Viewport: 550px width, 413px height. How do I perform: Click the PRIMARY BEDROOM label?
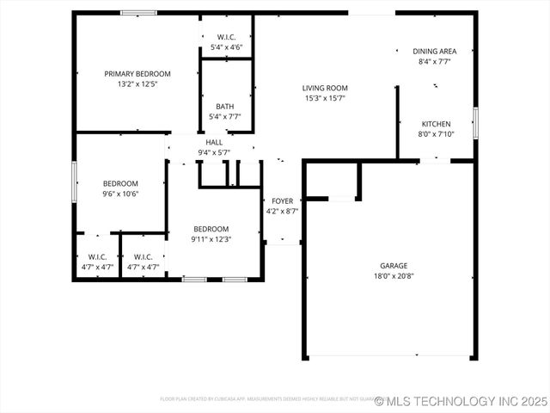pos(137,74)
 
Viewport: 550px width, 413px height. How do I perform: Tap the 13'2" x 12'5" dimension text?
pos(137,84)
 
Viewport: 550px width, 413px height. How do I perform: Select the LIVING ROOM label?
pos(324,88)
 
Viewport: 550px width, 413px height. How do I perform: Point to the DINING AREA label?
pos(434,52)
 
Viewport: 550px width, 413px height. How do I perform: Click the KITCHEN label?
pos(434,123)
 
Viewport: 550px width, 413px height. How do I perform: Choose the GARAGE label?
pos(394,266)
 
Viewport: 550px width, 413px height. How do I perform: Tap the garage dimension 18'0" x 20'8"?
pos(394,276)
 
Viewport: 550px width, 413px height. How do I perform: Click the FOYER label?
pos(282,201)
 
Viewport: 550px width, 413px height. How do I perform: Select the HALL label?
pos(214,142)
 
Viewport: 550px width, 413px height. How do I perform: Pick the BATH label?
pos(225,107)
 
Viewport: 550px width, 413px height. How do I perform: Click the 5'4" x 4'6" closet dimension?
pos(226,47)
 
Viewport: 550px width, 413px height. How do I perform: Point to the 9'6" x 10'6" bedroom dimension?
pos(120,194)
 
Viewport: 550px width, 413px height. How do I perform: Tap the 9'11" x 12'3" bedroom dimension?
pos(211,239)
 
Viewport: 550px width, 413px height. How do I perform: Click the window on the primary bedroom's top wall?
pos(137,13)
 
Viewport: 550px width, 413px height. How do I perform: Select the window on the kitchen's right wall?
pos(475,123)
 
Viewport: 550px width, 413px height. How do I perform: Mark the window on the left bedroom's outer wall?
pos(74,182)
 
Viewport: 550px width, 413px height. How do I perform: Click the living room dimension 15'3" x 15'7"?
pos(324,98)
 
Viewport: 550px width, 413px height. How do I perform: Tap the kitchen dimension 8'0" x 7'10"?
pos(434,133)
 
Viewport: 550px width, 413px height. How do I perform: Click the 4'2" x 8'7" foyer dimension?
pos(282,211)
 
